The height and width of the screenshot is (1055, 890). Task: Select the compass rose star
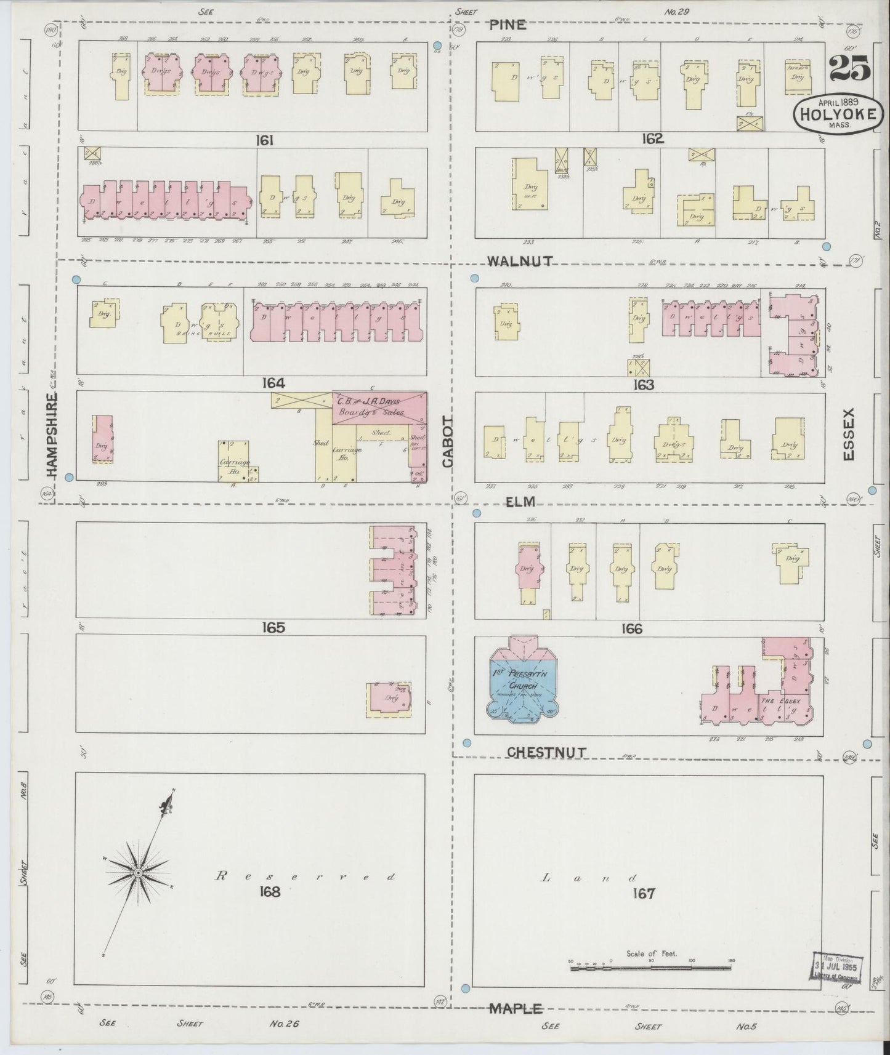click(x=139, y=873)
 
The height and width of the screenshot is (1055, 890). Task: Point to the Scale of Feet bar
click(x=651, y=969)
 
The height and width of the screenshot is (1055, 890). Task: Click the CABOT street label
click(x=448, y=441)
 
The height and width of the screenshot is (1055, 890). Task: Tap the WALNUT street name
click(x=519, y=261)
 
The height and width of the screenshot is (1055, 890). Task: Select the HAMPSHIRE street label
click(x=51, y=435)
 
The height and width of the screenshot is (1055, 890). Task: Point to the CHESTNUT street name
click(x=546, y=752)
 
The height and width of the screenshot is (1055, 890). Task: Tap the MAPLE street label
click(x=516, y=1008)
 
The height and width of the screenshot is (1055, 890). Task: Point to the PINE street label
click(x=508, y=25)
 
